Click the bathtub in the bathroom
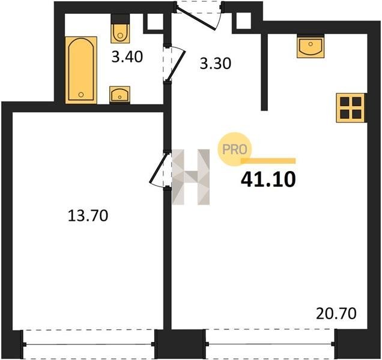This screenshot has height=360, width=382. point(81,70)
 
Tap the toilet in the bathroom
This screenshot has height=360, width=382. point(120,29)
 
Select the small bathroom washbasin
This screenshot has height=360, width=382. point(120,95)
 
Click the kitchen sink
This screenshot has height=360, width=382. point(311,46)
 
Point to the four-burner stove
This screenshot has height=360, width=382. point(351,107)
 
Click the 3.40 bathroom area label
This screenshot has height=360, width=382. point(127,57)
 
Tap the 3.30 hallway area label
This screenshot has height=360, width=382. point(216,64)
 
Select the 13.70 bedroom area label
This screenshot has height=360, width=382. point(88,215)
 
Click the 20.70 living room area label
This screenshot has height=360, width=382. point(336,314)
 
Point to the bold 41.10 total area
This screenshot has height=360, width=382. point(268,179)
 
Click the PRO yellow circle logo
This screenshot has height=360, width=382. point(235,149)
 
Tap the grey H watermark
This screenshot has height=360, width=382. point(191,177)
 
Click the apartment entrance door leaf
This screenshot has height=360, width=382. point(196,19)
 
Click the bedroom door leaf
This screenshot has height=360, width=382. point(159,167)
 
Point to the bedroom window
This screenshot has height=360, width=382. point(88,344)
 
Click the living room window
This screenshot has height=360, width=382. point(270,344)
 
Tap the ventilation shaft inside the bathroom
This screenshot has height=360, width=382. point(155,22)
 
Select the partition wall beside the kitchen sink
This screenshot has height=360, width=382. point(264,72)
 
